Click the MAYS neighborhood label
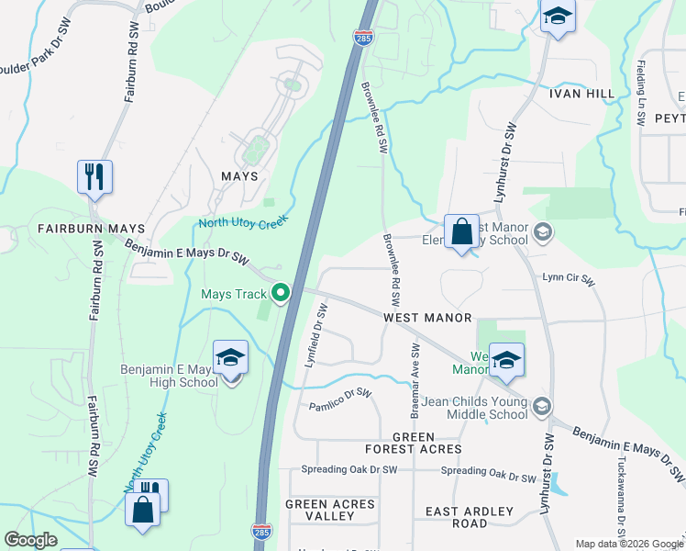pos(238,175)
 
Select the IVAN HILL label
pos(581,94)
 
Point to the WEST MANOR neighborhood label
pos(427,317)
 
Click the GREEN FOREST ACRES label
pos(413,443)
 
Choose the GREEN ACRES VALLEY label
pos(330,510)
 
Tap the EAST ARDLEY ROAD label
pos(457,516)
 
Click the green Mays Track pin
pos(281,294)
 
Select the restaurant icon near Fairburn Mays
pos(94,177)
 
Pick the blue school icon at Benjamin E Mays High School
pos(231,358)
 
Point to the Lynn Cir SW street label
pos(569,276)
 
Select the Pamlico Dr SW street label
pos(339,399)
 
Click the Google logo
pos(31,540)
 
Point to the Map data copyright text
pos(629,544)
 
